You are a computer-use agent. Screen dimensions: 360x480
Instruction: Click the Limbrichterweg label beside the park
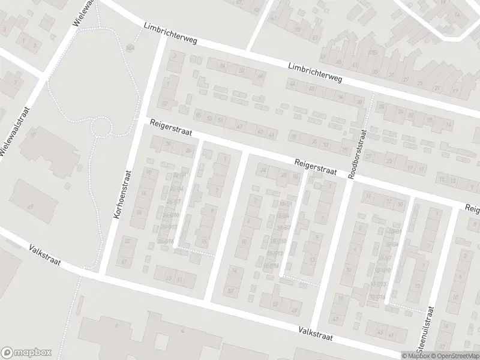(x=170, y=35)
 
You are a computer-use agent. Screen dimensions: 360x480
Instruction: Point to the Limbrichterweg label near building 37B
(x=314, y=74)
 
